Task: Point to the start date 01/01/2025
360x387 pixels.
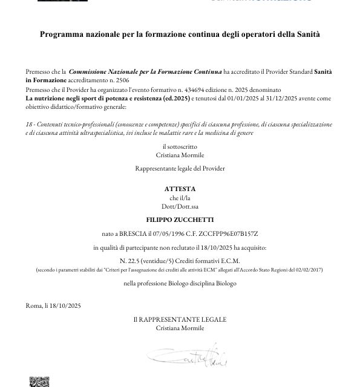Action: click(242, 97)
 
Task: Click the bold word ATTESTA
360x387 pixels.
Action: click(180, 189)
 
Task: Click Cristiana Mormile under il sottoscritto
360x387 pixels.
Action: click(180, 155)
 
